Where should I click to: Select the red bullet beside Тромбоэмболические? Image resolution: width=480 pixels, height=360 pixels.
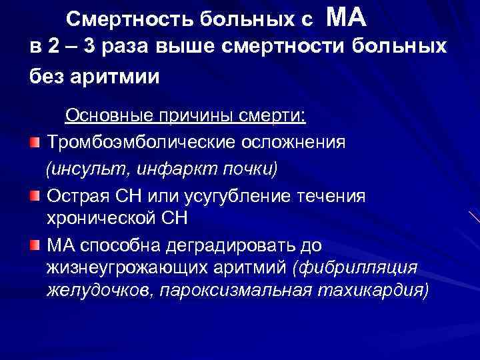tap(35, 143)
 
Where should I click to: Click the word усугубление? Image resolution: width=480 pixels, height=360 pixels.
tap(249, 196)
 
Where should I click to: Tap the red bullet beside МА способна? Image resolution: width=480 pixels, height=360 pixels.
tap(35, 245)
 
